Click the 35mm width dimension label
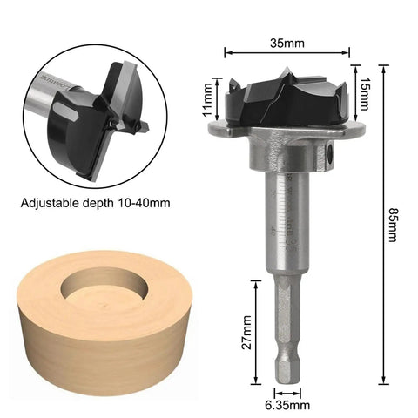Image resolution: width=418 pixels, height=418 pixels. [x=287, y=44]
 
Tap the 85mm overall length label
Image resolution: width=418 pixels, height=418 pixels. [x=392, y=225]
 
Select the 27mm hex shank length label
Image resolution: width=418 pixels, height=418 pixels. [x=247, y=332]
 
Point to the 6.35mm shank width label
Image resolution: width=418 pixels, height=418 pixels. [x=287, y=405]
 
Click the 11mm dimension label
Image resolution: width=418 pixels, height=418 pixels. [x=207, y=99]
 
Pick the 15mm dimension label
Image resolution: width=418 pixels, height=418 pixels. [x=363, y=94]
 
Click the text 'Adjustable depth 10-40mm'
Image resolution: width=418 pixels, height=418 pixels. [x=95, y=203]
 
